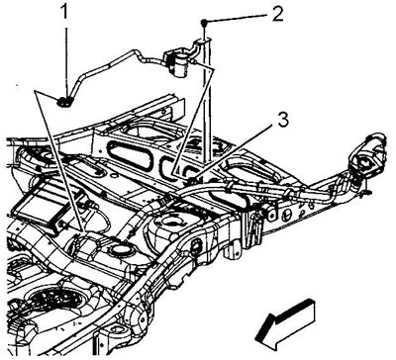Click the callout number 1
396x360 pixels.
click(x=65, y=13)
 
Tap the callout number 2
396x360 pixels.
click(x=277, y=14)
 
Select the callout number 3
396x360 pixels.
click(x=283, y=121)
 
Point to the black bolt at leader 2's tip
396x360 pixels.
click(x=204, y=23)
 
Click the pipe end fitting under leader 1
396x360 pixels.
click(x=63, y=102)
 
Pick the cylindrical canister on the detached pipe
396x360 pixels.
click(x=179, y=65)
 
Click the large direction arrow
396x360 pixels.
click(x=285, y=323)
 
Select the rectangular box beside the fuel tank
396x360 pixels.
click(x=39, y=206)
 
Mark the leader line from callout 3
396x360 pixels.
click(x=234, y=152)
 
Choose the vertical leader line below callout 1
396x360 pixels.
click(x=67, y=59)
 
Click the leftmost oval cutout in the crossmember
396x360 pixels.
click(x=129, y=155)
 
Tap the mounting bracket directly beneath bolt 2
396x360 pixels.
click(x=202, y=43)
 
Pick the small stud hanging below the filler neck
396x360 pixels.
click(x=367, y=192)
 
